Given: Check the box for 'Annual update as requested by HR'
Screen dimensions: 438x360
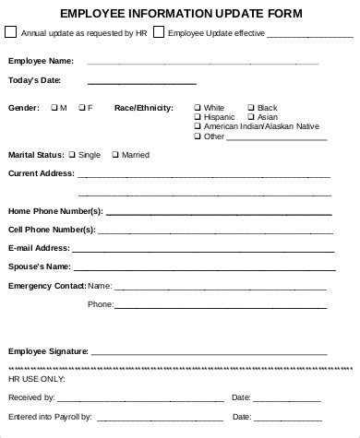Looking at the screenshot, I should pyautogui.click(x=10, y=32).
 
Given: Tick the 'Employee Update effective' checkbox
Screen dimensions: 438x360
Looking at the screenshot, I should pyautogui.click(x=159, y=32).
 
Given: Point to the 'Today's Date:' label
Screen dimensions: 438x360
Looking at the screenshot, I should pyautogui.click(x=34, y=81).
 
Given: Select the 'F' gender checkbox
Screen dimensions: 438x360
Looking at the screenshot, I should pyautogui.click(x=81, y=108).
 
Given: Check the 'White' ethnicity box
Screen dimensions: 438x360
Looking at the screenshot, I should pyautogui.click(x=198, y=108).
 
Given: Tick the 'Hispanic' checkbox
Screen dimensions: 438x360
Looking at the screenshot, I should pyautogui.click(x=198, y=117).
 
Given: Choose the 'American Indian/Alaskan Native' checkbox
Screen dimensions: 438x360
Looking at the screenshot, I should pyautogui.click(x=198, y=126).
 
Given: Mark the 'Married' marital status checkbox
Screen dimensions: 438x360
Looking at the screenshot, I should pyautogui.click(x=114, y=154).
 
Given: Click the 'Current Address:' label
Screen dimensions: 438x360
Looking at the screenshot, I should pyautogui.click(x=42, y=173).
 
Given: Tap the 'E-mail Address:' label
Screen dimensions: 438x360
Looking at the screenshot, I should pyautogui.click(x=39, y=248).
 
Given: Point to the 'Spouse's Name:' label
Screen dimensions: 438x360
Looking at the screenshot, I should pyautogui.click(x=39, y=266).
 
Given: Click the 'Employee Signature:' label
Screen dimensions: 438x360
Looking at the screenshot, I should pyautogui.click(x=48, y=351).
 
